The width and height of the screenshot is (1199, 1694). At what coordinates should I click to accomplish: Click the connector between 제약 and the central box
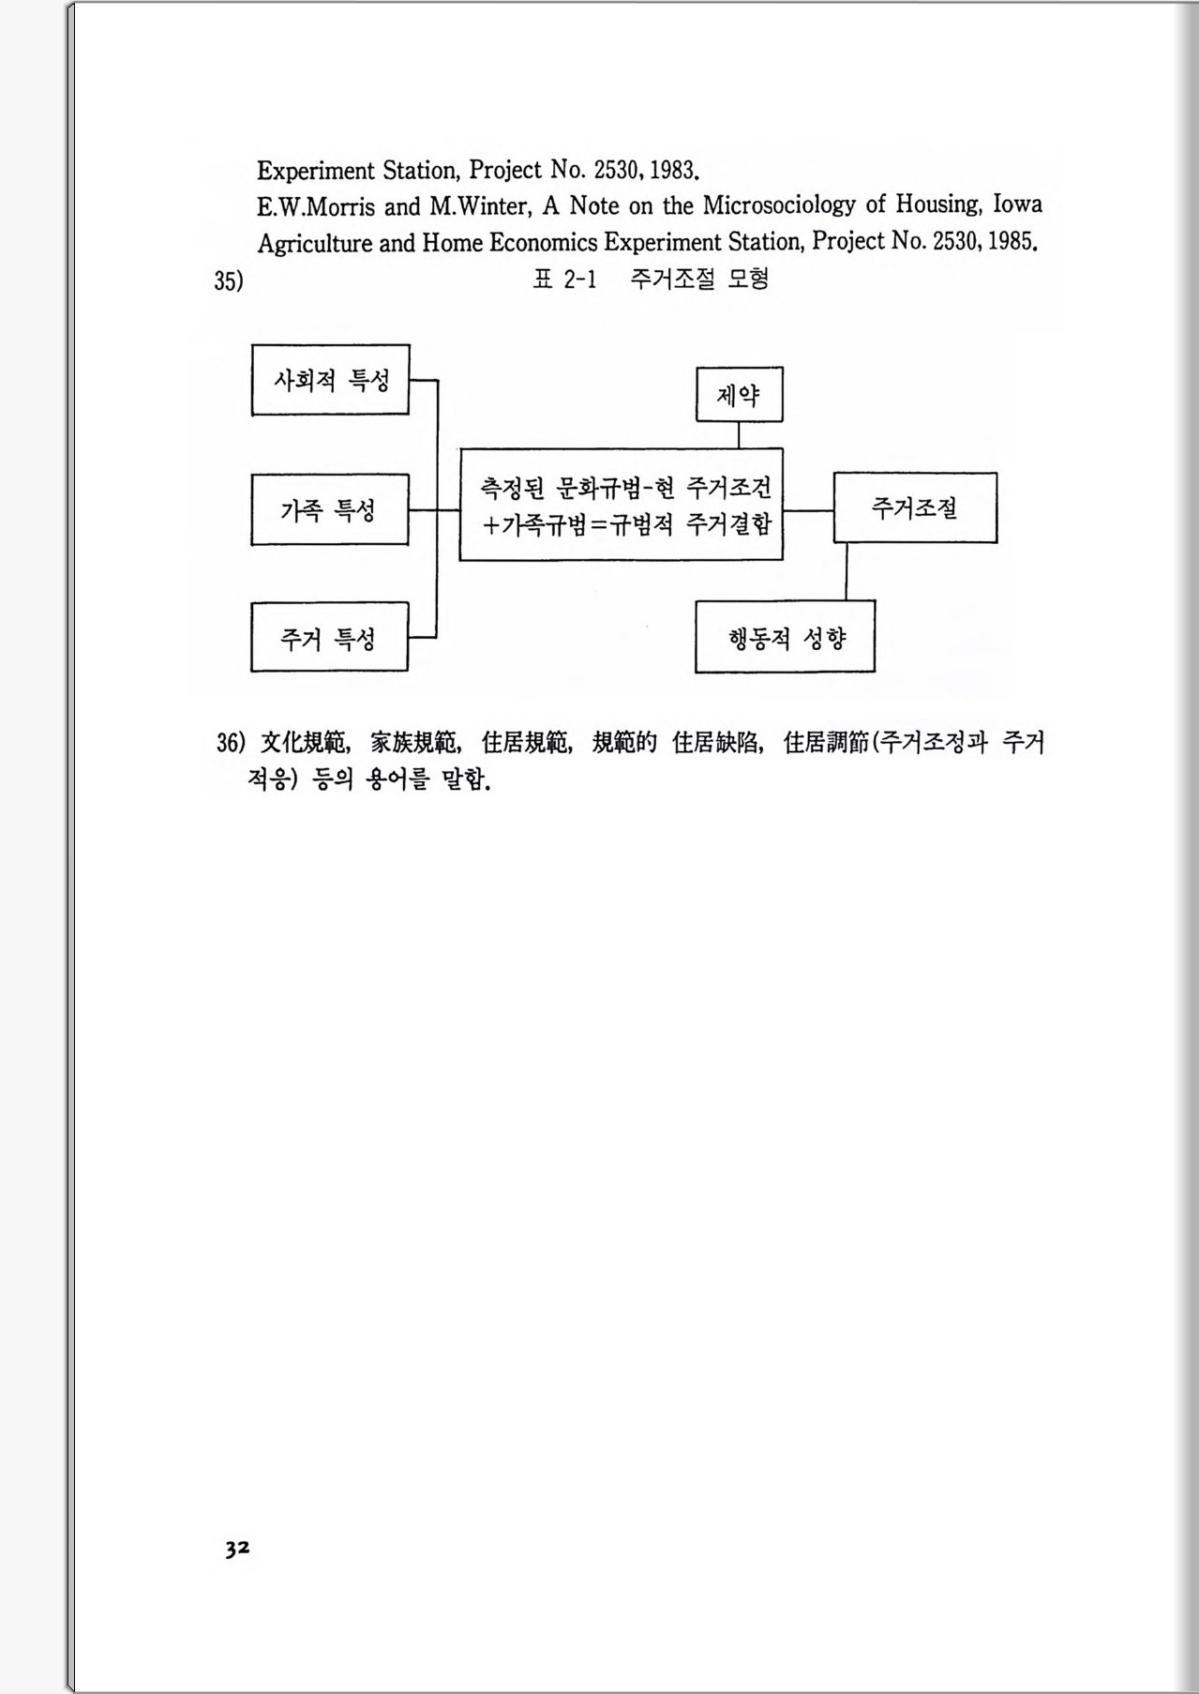pos(739,435)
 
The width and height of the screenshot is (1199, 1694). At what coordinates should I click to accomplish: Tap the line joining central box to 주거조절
pos(808,511)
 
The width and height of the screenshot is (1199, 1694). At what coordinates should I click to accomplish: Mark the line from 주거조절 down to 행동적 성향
pos(846,571)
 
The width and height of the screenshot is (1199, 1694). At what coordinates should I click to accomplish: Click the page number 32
pos(237,1549)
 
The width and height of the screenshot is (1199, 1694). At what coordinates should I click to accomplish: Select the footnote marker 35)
pos(228,280)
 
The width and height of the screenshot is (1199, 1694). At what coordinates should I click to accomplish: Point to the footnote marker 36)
pos(231,743)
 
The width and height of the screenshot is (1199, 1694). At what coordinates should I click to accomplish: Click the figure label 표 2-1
pos(564,279)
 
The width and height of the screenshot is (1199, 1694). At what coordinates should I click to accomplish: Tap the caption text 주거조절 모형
pos(699,279)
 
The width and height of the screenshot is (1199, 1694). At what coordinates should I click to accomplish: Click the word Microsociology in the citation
pos(779,205)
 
